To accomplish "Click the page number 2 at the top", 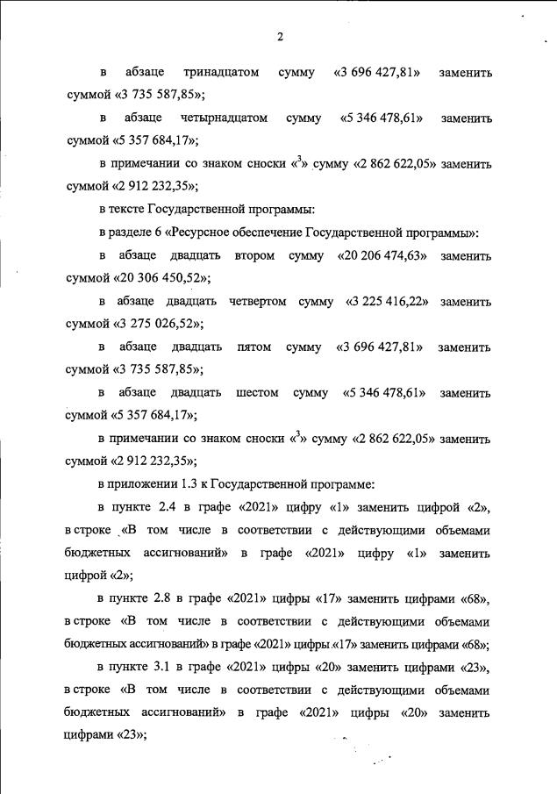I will (279, 37).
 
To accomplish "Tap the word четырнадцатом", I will (224, 118).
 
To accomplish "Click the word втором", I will (254, 255).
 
